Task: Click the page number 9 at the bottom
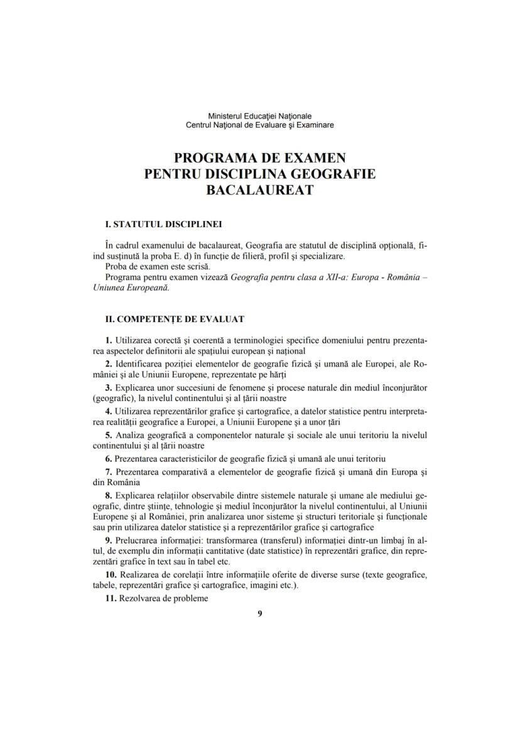(260, 613)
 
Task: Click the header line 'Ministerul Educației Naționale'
(260, 116)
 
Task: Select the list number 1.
(109, 340)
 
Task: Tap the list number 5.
(109, 434)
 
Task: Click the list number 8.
(109, 495)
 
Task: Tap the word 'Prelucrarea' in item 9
(135, 540)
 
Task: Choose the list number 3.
(109, 387)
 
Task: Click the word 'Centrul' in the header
(200, 125)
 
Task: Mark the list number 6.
(109, 458)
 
